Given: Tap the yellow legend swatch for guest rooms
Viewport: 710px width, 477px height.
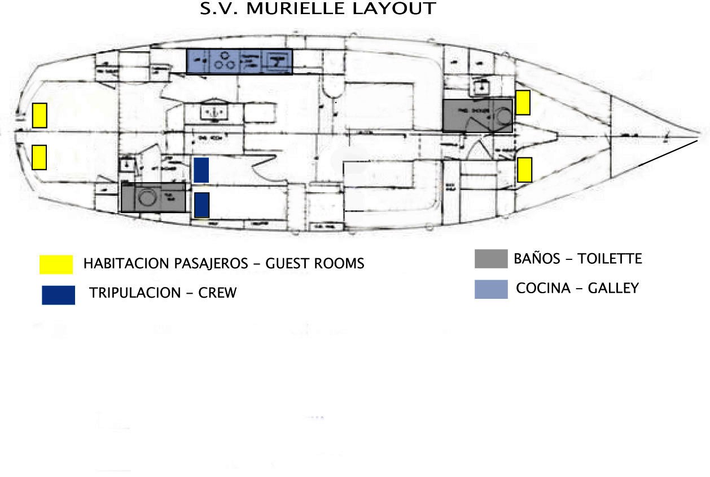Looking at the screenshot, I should tap(56, 264).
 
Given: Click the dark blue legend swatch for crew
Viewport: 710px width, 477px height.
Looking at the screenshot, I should tap(58, 295).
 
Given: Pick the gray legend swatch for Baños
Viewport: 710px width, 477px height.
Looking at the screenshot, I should tap(490, 259).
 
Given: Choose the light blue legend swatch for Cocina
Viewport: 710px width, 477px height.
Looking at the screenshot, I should tap(490, 289).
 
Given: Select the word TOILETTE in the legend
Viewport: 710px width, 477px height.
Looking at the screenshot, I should tap(610, 259).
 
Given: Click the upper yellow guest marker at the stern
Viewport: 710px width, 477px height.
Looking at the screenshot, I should tap(39, 115).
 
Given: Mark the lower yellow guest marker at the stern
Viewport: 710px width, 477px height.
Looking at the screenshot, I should tap(39, 157).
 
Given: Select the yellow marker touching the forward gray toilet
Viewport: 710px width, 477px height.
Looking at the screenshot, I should tap(523, 102).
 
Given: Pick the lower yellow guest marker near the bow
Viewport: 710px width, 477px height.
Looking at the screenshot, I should tap(525, 169).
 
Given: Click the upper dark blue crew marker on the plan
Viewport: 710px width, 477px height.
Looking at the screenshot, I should tap(201, 170).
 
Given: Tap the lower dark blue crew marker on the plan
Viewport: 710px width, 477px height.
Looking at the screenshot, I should tap(201, 205).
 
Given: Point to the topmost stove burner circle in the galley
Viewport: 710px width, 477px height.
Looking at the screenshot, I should tap(225, 55).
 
